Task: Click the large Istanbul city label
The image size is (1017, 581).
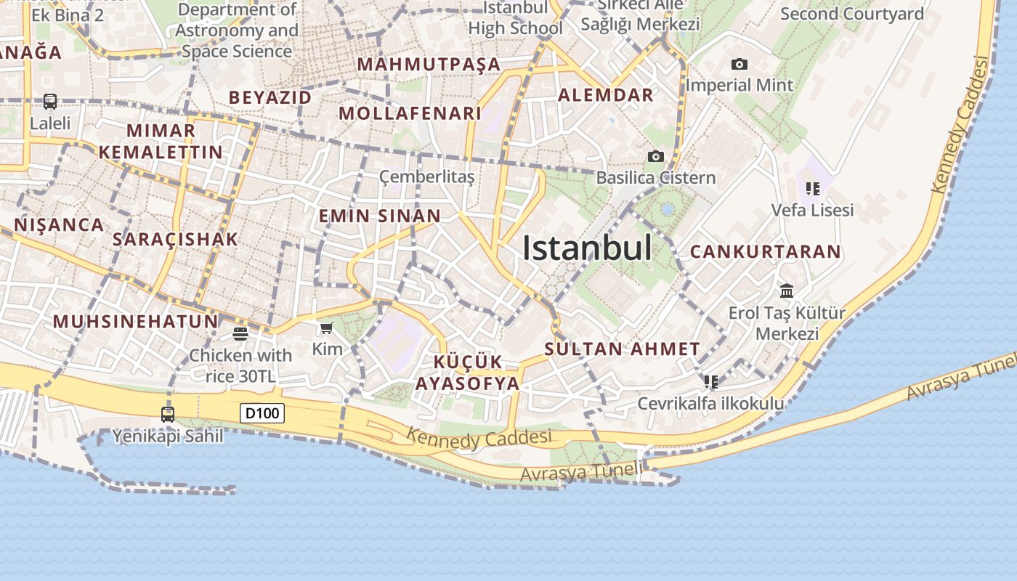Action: tap(587, 248)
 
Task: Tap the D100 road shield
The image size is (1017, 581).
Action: tap(262, 414)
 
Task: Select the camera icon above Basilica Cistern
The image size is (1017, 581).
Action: tap(655, 157)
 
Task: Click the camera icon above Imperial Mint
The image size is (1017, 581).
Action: tap(740, 65)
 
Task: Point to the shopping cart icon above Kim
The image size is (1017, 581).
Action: tap(327, 328)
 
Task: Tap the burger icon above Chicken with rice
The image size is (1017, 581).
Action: tap(240, 334)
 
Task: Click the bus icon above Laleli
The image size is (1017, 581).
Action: tap(50, 102)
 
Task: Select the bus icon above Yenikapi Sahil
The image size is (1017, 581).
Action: tap(168, 415)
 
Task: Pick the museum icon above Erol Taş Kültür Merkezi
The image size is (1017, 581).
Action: tap(787, 291)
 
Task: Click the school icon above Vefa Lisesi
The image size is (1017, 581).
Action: tap(813, 189)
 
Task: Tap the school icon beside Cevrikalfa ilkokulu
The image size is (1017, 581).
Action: tap(710, 381)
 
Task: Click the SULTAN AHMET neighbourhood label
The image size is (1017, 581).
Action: tap(622, 349)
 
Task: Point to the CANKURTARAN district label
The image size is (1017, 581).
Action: tap(765, 252)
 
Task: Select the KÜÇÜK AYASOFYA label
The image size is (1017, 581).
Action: tap(467, 373)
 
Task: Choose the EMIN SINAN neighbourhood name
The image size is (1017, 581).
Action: tap(380, 216)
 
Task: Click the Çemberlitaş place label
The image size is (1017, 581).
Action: tap(427, 176)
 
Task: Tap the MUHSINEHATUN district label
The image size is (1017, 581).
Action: tap(135, 322)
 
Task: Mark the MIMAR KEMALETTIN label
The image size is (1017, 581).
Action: tap(161, 142)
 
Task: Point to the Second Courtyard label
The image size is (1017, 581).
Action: tap(852, 14)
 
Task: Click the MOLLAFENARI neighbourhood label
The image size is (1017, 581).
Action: tap(410, 113)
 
